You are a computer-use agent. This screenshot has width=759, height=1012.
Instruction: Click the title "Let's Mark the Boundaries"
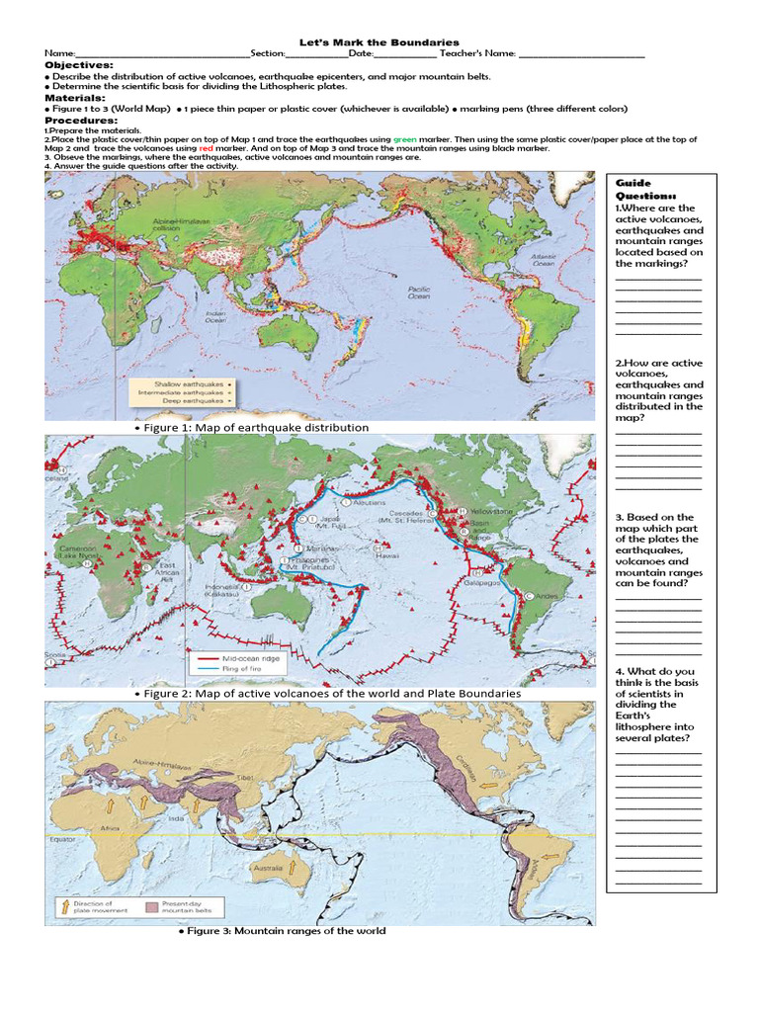379,42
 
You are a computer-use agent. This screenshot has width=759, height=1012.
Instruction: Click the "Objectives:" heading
79,64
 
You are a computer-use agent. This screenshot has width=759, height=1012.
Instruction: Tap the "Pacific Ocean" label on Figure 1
419,292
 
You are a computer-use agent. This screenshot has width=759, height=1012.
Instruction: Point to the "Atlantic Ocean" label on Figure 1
544,260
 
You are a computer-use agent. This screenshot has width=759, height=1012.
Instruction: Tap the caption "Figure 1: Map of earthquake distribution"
255,428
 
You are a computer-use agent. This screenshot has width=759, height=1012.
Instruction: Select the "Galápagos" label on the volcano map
468,583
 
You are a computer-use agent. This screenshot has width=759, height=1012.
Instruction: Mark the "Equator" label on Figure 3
62,840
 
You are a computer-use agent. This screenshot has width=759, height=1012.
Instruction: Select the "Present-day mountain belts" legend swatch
151,905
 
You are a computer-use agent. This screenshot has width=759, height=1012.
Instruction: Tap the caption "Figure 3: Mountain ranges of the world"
282,931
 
